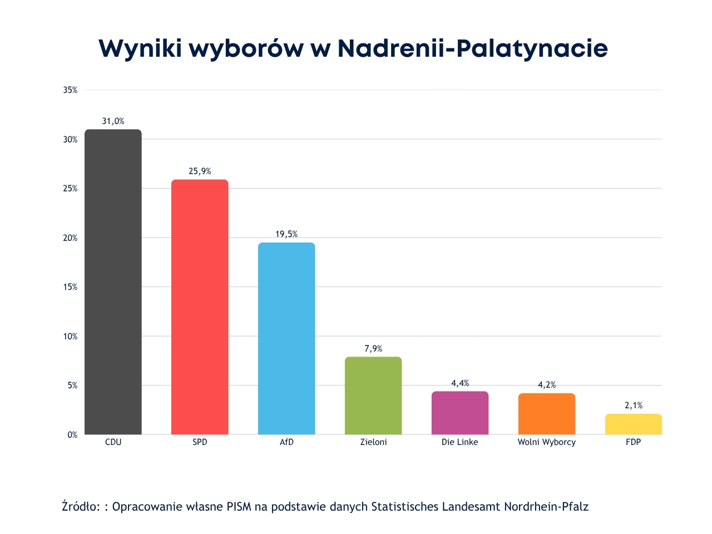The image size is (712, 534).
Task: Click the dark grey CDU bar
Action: (113, 282)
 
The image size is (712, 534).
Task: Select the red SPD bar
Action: (200, 307)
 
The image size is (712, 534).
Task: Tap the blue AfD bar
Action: (286, 338)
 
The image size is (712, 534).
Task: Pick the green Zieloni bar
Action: (373, 395)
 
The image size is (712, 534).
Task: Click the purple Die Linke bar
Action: (460, 413)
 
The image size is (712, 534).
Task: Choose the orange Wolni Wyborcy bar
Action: (547, 414)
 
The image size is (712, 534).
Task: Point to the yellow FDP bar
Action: (634, 424)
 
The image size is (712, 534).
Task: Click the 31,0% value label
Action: (113, 121)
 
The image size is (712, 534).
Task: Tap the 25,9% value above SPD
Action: (200, 171)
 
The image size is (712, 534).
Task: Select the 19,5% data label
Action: (286, 234)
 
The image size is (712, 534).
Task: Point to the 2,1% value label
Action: (634, 406)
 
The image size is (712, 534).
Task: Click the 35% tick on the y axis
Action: (70, 90)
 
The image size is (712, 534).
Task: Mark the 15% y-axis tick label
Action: (70, 287)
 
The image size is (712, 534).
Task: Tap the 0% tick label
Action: (72, 435)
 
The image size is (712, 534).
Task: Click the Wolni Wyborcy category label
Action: (547, 442)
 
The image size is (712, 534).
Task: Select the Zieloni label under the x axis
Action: (373, 442)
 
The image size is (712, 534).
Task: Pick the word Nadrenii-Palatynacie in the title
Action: (472, 48)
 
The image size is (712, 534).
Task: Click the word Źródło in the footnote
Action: (81, 506)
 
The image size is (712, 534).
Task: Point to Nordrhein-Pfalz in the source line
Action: (546, 507)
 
